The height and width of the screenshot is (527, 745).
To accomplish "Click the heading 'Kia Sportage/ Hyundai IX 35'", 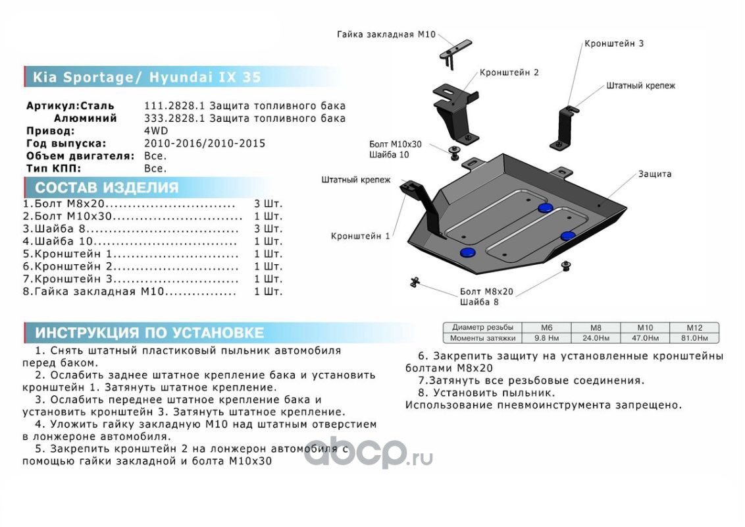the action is [147, 77].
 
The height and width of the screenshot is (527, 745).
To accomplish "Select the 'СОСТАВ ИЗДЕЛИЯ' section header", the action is [107, 188].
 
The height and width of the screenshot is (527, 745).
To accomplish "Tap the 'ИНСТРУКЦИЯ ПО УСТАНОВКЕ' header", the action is [149, 333].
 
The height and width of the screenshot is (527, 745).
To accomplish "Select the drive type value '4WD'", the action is [156, 131].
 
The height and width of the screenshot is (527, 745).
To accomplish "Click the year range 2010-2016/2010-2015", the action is [205, 144].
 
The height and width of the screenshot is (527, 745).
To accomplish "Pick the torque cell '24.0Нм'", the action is [595, 338].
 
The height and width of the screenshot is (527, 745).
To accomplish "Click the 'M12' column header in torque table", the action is [694, 327].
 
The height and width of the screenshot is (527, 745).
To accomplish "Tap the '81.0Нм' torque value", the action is [694, 338].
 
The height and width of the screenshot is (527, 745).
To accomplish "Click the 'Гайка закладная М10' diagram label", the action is [386, 34].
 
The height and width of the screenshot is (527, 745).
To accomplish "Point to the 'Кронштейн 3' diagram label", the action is [613, 43].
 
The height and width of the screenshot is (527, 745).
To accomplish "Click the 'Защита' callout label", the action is [654, 174].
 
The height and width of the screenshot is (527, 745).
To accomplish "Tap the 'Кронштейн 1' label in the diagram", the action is [360, 236].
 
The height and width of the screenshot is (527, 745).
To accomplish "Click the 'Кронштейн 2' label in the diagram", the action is [509, 72].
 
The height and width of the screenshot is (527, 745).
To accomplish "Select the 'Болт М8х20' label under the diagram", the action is [486, 291].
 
